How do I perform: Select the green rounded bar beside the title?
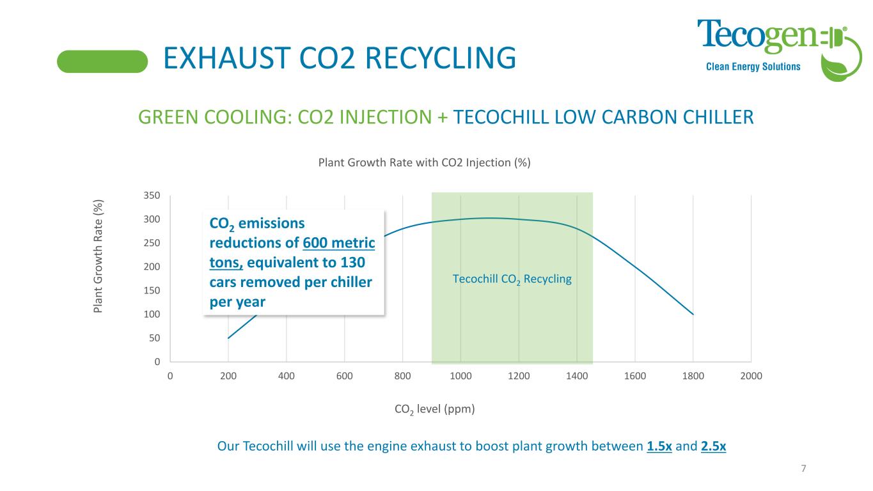102,61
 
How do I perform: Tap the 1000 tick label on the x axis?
460,376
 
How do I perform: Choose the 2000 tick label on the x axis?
751,376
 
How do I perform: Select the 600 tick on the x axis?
345,376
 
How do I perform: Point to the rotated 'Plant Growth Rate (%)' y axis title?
98,256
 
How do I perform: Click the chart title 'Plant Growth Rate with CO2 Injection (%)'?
425,162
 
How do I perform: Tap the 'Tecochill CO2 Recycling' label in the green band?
512,279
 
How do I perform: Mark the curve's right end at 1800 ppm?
693,315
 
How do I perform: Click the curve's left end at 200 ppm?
228,338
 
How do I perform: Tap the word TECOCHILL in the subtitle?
504,117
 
